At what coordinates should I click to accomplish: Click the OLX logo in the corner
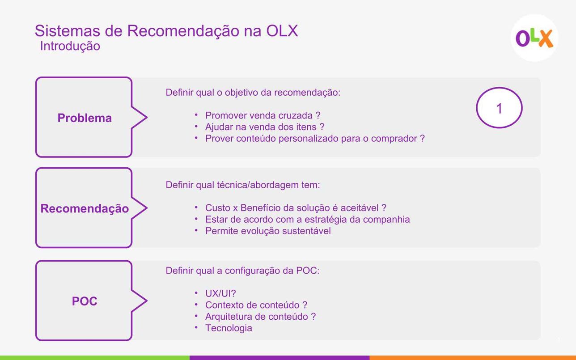tap(534, 38)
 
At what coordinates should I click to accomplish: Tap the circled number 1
tap(499, 108)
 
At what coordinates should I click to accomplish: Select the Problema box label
tap(85, 118)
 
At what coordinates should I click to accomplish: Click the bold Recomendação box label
tap(85, 208)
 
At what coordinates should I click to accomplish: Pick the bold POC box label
tap(85, 301)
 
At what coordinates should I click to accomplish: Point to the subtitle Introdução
tap(70, 47)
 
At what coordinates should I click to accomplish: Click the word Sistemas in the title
tap(68, 31)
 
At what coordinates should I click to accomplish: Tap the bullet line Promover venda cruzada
tap(263, 115)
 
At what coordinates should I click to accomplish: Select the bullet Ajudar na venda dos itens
tap(265, 127)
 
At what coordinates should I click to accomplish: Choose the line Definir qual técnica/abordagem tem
tap(243, 185)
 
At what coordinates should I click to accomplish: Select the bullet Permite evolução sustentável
tap(268, 231)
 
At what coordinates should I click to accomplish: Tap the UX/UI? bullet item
tap(220, 293)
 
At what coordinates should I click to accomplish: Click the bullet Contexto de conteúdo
tap(256, 305)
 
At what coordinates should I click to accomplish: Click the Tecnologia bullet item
tap(229, 328)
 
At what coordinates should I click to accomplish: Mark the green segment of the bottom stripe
tap(95, 358)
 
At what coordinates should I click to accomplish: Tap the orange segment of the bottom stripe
tap(473, 358)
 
